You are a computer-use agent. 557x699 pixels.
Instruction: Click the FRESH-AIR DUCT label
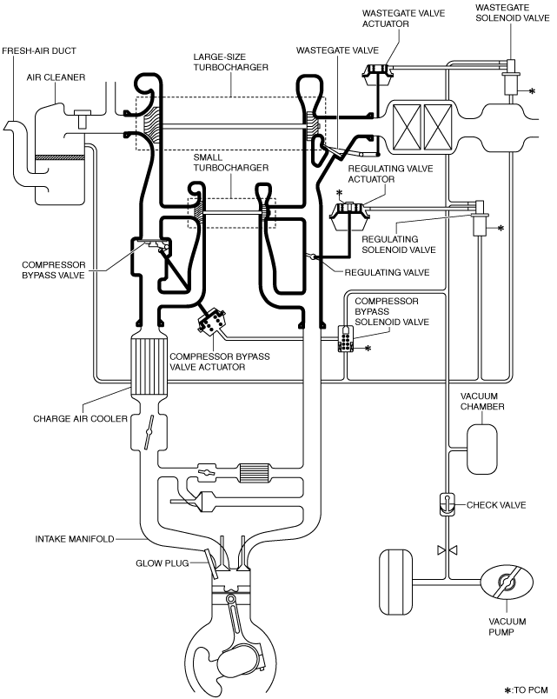pos(39,50)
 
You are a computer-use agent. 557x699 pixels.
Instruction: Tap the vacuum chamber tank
pos(481,449)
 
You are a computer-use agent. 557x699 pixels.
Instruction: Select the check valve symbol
pos(447,504)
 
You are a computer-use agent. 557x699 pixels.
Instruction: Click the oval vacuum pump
pos(507,582)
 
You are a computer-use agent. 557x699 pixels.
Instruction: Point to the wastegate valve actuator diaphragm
pos(380,75)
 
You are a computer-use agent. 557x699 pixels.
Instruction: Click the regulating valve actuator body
pos(349,216)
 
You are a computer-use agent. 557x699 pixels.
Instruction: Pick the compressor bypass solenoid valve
pos(346,339)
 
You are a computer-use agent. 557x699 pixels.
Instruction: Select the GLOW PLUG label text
pos(162,563)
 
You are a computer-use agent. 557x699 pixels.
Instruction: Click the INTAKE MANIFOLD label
pos(75,539)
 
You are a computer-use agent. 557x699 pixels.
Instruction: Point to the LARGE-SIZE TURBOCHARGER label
pos(231,62)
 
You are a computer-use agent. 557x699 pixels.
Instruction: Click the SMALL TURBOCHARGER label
pos(231,163)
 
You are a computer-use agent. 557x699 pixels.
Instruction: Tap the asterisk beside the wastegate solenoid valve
pos(532,91)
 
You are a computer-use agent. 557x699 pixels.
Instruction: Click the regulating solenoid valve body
pos(480,218)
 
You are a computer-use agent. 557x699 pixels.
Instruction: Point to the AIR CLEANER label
pos(56,77)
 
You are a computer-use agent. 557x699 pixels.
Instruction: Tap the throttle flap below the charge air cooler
pos(149,429)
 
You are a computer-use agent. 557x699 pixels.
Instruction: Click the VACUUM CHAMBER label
pos(482,401)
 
